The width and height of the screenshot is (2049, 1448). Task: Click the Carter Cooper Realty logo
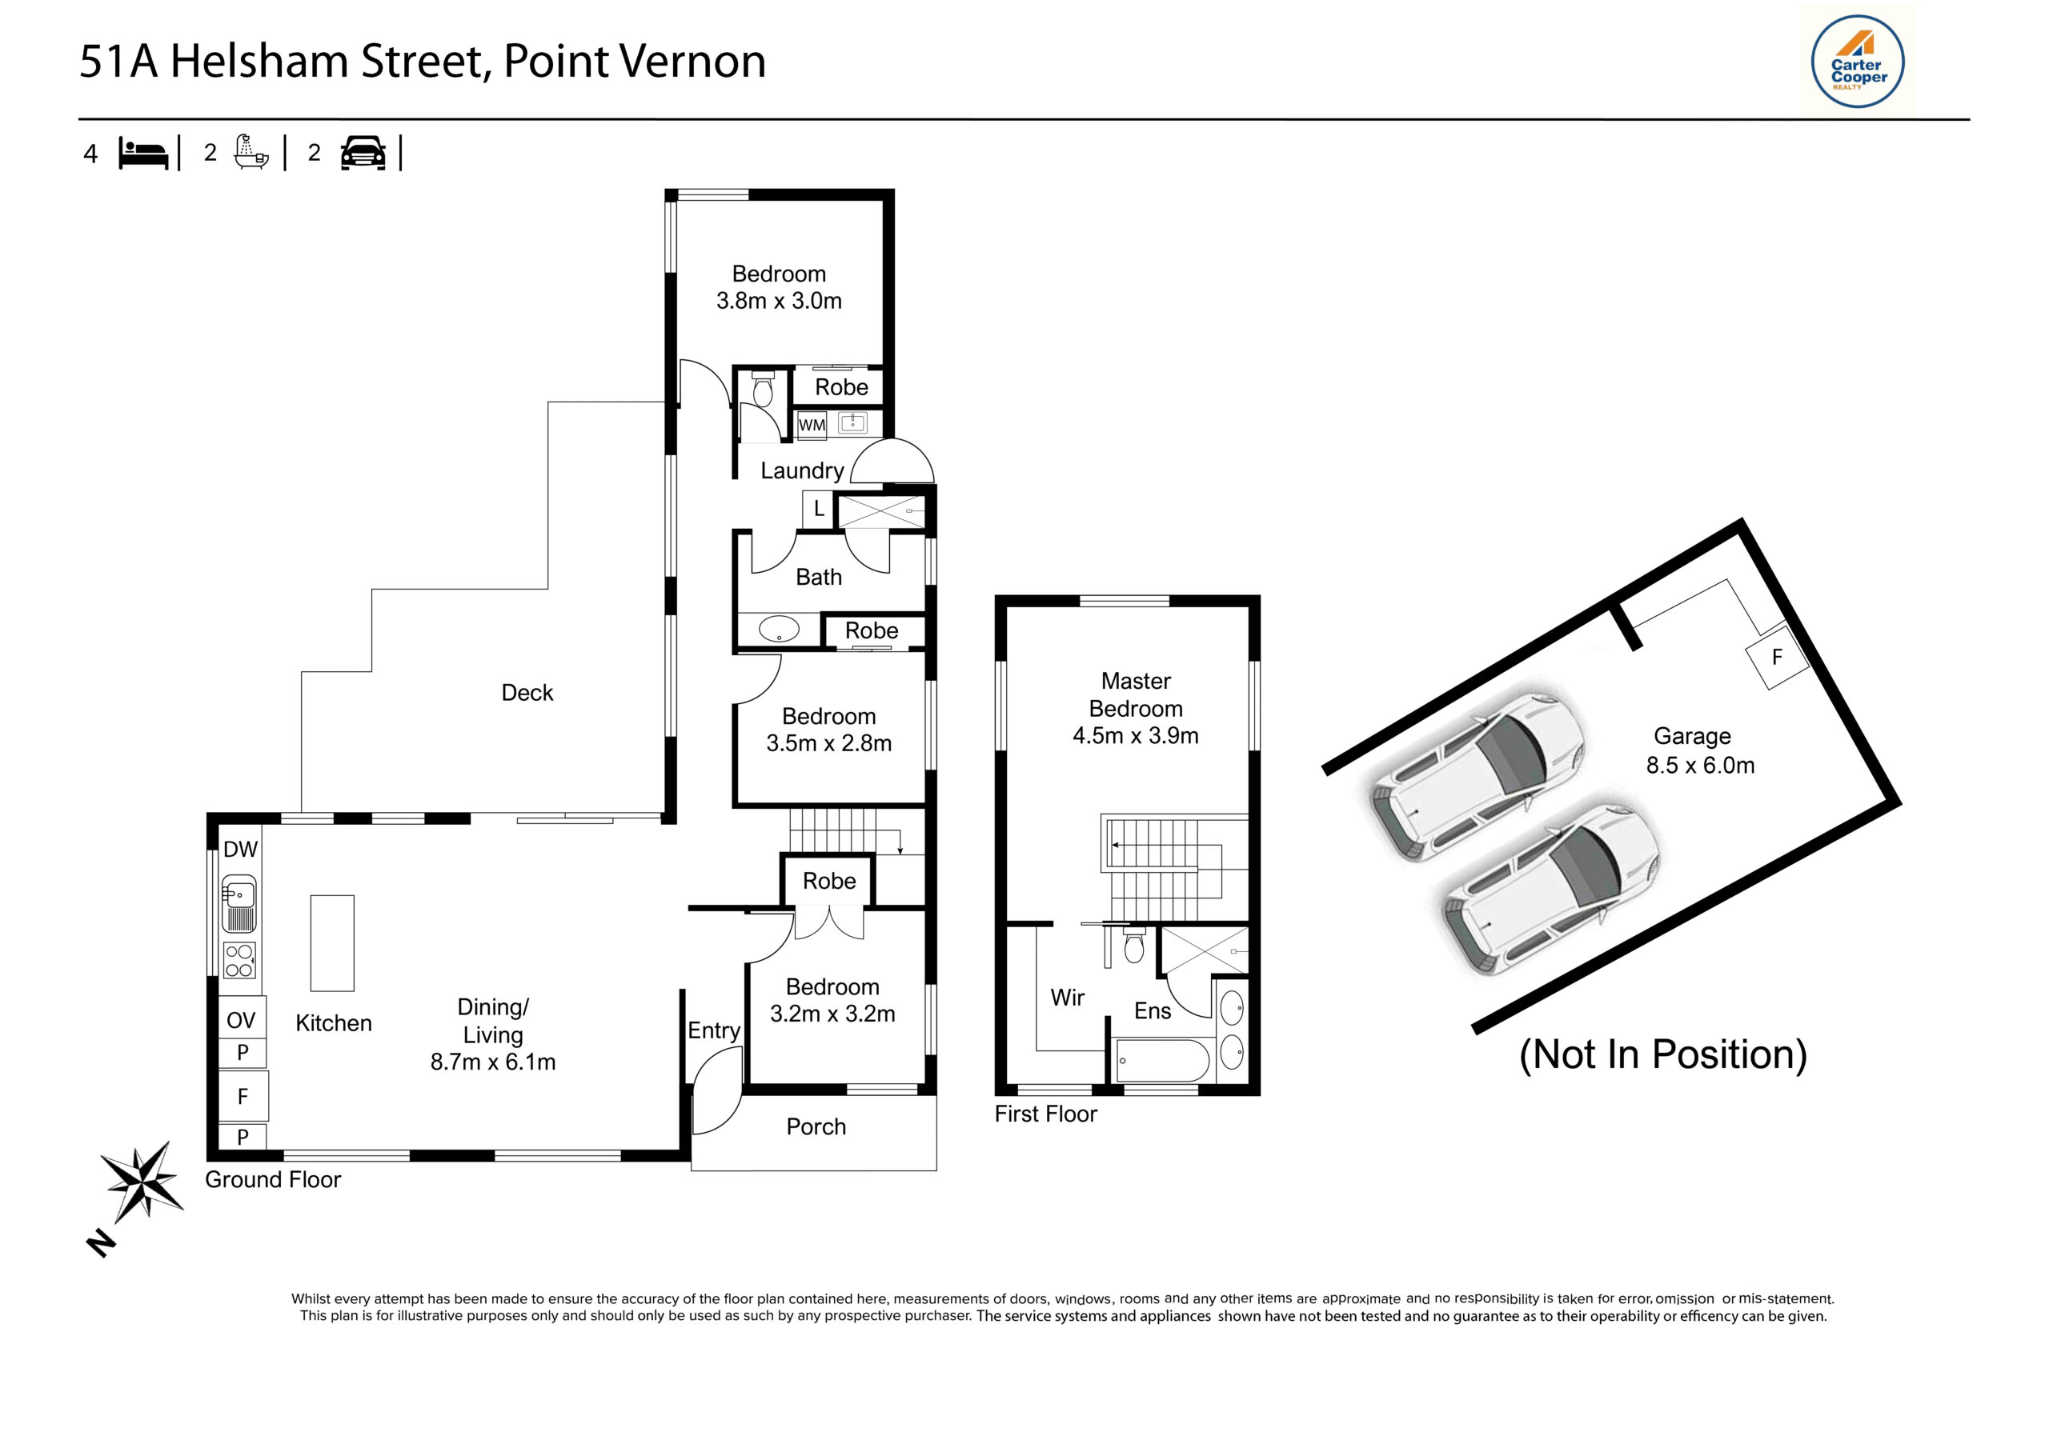coord(1857,62)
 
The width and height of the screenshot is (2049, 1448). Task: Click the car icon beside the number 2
coord(363,154)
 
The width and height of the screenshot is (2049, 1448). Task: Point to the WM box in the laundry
coord(812,425)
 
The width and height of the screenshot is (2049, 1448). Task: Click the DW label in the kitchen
coord(240,850)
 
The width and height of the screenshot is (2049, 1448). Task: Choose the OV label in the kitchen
coord(241,1020)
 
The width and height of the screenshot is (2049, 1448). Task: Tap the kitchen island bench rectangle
coord(332,943)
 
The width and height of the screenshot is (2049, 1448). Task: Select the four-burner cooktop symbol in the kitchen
coord(239,960)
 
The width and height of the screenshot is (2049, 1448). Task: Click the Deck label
coord(527,692)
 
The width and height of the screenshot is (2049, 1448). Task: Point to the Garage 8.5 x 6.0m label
coord(1698,750)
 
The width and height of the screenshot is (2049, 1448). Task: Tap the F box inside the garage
coord(1776,658)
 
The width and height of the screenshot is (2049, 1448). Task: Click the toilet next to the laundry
coord(762,390)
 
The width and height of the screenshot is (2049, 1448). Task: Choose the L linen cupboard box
coord(818,510)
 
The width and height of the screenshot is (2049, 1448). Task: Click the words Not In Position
coord(1662,1054)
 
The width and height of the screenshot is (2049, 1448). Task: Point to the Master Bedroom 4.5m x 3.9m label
coord(1135,708)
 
